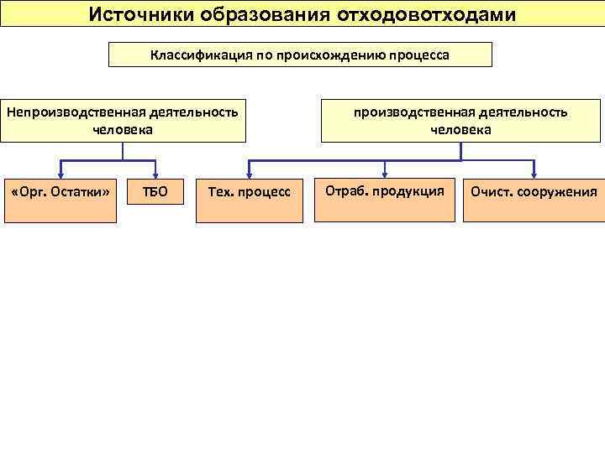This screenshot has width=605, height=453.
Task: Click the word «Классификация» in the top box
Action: coord(196,55)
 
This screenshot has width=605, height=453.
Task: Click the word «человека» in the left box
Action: coord(123,130)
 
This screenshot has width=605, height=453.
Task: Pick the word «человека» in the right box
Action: coord(460,130)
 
